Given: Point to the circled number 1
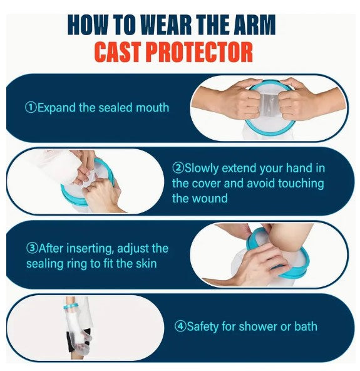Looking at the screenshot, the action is [x=31, y=108].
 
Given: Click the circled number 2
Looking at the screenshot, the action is [x=178, y=168].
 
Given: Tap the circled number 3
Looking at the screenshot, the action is [x=32, y=248].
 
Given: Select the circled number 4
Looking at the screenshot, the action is [x=180, y=327].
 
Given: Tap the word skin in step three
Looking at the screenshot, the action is [x=146, y=263].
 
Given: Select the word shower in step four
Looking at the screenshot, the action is [x=258, y=327].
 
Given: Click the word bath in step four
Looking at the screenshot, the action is [x=306, y=327].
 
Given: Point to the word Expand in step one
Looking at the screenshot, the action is [x=56, y=108].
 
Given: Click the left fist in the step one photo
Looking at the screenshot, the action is [x=244, y=100].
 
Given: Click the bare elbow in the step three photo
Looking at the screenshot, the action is [x=289, y=238].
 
